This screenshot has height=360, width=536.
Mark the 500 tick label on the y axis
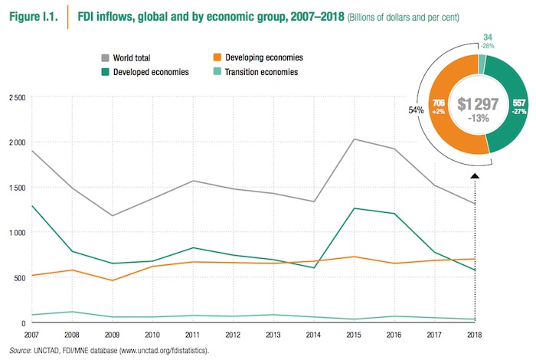[x=18, y=277]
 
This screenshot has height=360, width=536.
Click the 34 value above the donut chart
[x=488, y=36]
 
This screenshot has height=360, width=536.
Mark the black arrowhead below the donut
[x=475, y=177]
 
